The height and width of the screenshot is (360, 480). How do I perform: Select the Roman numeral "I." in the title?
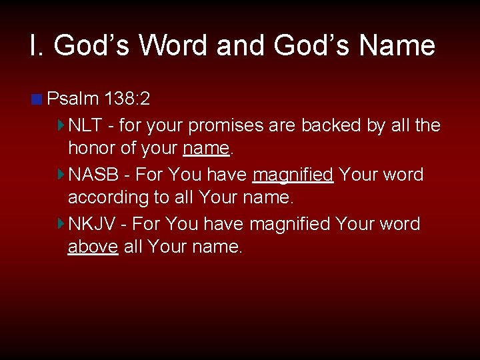pos(37,45)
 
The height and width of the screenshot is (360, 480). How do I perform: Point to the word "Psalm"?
pos(73,99)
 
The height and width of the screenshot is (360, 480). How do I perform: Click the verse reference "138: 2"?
pos(127,99)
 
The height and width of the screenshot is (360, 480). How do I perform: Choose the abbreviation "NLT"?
pos(87,125)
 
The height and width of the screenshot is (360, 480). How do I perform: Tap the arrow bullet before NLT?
pos(61,125)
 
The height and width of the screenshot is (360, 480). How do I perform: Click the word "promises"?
pos(259,125)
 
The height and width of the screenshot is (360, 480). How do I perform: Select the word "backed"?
pos(334,125)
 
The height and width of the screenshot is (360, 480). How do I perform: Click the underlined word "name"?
pos(205,148)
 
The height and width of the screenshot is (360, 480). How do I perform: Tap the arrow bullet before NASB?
pos(61,175)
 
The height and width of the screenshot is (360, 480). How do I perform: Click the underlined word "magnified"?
pos(293,175)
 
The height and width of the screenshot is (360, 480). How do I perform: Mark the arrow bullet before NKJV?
pos(61,223)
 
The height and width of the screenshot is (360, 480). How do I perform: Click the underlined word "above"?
pos(93,247)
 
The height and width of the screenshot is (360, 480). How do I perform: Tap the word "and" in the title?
pos(240,45)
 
